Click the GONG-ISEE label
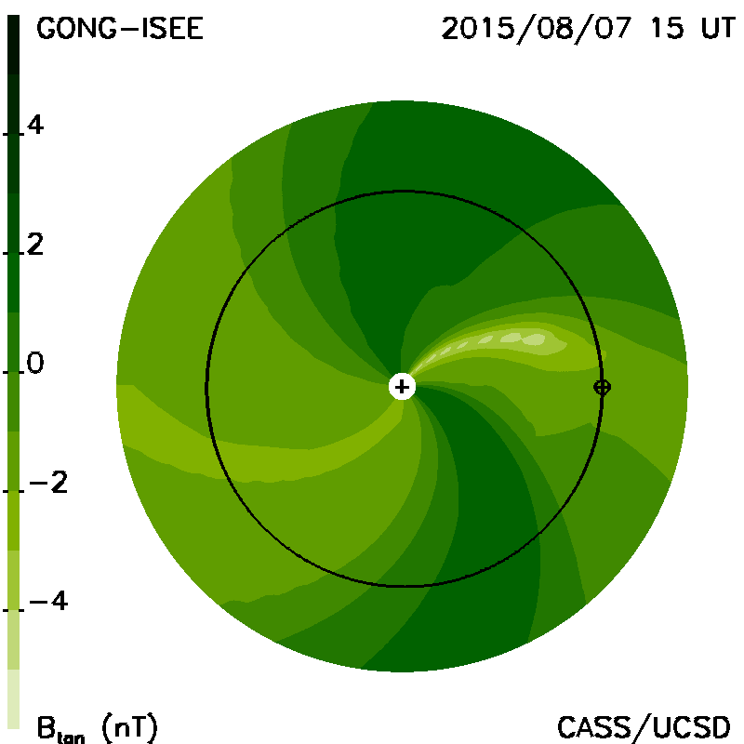click(120, 29)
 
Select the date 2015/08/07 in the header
click(537, 30)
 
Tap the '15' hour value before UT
click(667, 29)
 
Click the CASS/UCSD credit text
click(644, 728)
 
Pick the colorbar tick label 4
click(35, 126)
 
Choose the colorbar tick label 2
click(35, 245)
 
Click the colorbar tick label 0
click(35, 363)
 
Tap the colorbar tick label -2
click(48, 483)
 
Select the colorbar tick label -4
click(48, 601)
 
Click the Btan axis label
click(60, 729)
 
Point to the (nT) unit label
click(129, 727)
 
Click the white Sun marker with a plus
click(402, 387)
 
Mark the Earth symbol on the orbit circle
click(602, 387)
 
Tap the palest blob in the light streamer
click(534, 339)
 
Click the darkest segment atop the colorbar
click(14, 45)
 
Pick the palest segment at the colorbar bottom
click(14, 698)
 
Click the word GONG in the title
click(76, 29)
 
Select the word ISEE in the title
click(170, 29)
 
